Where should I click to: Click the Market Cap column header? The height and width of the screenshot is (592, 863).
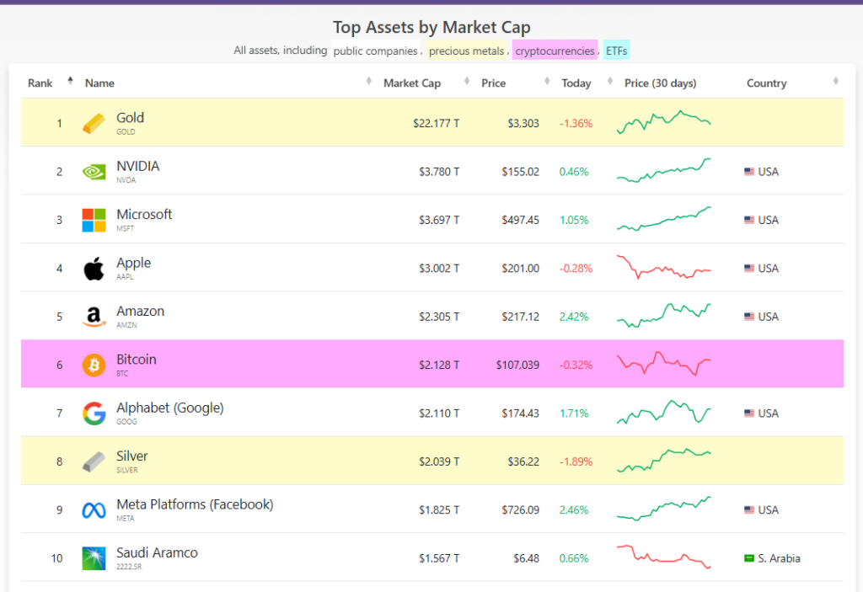(411, 83)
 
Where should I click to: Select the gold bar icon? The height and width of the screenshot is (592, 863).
(94, 124)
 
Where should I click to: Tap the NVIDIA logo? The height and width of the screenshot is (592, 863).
(94, 172)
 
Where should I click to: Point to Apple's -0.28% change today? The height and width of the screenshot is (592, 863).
(576, 269)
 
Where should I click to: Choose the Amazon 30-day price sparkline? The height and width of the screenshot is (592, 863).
(664, 316)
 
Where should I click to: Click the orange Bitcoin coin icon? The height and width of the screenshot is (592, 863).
(94, 365)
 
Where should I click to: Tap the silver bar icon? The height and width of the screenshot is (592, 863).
(94, 461)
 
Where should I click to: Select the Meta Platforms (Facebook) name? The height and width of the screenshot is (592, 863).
(195, 504)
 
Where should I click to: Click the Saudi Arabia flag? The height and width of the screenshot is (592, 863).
(748, 558)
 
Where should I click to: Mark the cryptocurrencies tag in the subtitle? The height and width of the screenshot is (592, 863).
(555, 51)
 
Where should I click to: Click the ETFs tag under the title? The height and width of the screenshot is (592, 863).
(616, 51)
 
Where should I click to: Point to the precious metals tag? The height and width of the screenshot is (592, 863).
(466, 51)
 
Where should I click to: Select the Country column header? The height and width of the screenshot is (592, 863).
(766, 83)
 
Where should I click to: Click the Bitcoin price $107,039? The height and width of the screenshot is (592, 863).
(517, 365)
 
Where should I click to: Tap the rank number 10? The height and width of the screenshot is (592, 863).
(56, 558)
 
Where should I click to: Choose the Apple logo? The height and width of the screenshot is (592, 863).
(94, 269)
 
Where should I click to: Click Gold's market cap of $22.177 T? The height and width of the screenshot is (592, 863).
(436, 124)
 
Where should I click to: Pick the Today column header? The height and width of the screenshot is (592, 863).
(576, 83)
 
